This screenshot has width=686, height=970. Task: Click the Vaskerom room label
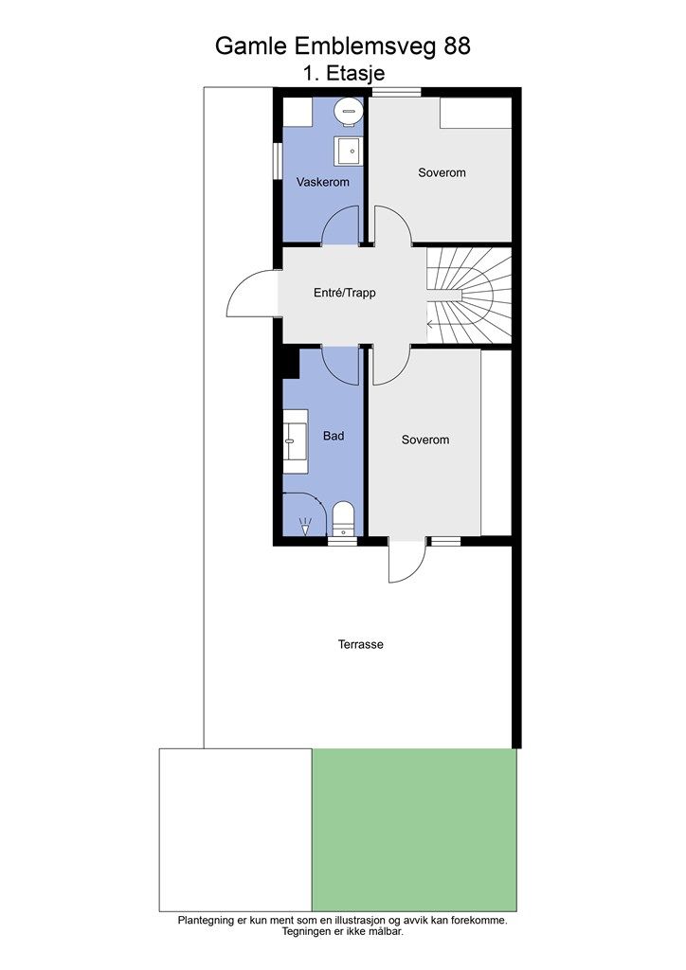[322, 182]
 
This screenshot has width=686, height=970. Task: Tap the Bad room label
[334, 436]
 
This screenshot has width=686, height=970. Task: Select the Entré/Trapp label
[345, 293]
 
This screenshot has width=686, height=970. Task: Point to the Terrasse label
[361, 644]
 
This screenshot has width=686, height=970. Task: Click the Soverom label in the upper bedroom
[442, 172]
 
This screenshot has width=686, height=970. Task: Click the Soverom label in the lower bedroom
[425, 440]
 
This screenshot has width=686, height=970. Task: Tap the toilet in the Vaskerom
[348, 112]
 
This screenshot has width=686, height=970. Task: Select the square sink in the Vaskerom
[349, 151]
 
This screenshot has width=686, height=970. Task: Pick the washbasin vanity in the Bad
[296, 441]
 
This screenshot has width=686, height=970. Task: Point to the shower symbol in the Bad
[305, 526]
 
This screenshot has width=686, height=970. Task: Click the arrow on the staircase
[439, 324]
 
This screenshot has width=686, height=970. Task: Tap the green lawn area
[414, 830]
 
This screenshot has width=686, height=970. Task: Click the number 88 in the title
[457, 45]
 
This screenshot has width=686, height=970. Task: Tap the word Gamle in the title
[252, 45]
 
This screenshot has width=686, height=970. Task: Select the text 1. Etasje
[344, 73]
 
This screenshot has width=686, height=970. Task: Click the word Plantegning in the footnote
[207, 920]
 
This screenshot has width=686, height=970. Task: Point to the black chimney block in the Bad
[290, 363]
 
